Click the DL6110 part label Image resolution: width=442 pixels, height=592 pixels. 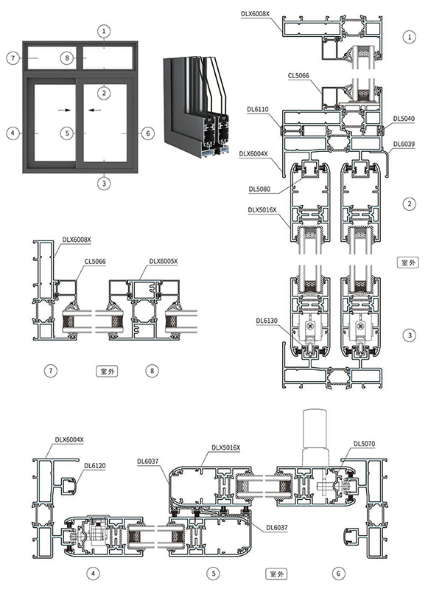point(258,109)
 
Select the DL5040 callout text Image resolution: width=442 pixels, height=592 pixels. point(404,118)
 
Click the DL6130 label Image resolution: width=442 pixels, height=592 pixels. point(267,321)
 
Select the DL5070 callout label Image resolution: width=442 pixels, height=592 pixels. point(364,444)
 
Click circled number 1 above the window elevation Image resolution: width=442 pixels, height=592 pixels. point(105,30)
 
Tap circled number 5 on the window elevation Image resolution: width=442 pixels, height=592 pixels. point(67,133)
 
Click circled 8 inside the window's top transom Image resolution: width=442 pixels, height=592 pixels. point(67,57)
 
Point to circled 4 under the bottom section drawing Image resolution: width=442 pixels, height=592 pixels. point(93,573)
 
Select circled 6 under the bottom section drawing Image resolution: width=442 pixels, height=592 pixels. point(338,573)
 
